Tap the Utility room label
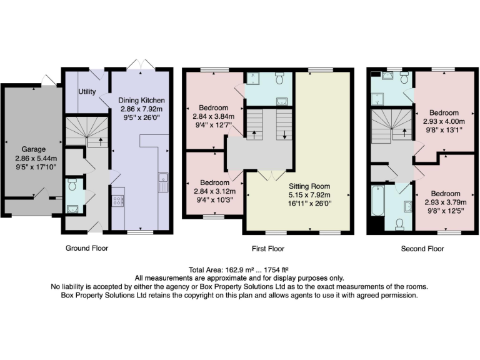87,91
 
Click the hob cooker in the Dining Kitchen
117,200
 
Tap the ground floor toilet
72,185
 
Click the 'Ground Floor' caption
87,248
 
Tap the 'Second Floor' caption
422,249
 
